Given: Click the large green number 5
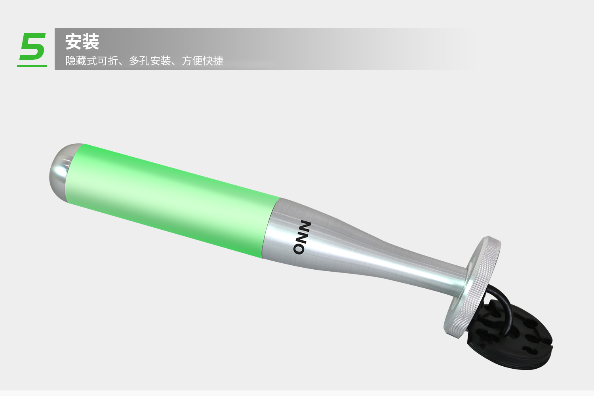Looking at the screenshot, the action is click(33, 46).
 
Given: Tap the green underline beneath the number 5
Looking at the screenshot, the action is click(32, 65).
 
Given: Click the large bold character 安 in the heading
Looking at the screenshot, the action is click(73, 42).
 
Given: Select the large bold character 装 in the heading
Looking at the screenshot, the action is click(91, 42).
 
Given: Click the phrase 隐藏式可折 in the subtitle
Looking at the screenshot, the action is click(91, 61).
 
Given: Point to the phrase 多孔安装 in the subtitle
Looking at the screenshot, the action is click(150, 61).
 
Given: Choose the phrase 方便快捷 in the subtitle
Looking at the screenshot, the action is click(203, 61).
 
